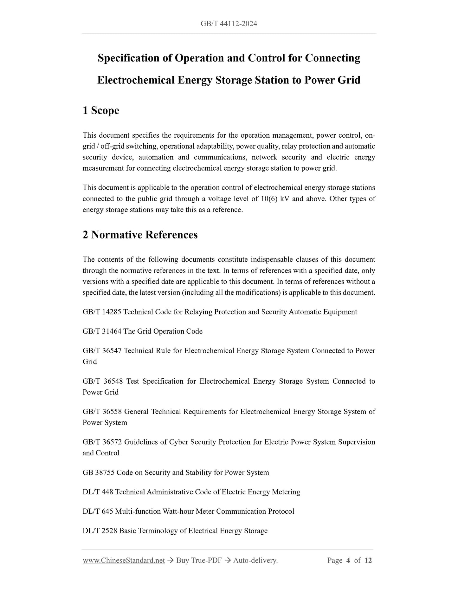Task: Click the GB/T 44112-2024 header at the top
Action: [229, 24]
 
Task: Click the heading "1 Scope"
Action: [101, 110]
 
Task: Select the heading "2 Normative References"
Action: [140, 235]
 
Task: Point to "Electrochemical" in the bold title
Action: [136, 80]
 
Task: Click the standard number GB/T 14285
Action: [102, 312]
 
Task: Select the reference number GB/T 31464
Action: [102, 331]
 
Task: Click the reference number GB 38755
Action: [99, 472]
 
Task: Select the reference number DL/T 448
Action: [98, 492]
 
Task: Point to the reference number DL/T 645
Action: [98, 511]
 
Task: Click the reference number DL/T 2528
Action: [100, 531]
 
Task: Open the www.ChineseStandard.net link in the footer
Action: [124, 560]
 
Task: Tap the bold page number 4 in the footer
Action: [348, 560]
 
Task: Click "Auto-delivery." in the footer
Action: [255, 560]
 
